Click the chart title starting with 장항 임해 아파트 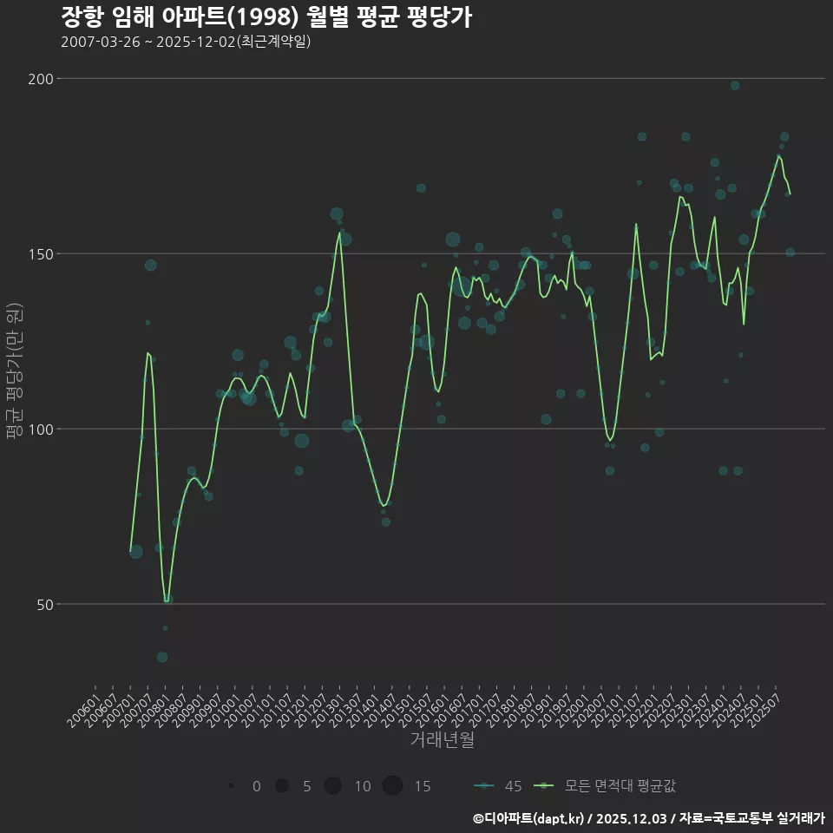(x=266, y=16)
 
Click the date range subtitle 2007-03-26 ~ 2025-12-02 (x=186, y=42)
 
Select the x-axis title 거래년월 (x=442, y=740)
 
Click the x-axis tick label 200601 (x=83, y=708)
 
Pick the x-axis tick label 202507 (x=765, y=708)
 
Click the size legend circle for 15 (x=392, y=786)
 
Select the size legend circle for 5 (x=281, y=786)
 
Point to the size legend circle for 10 (x=333, y=786)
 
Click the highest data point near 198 (x=735, y=85)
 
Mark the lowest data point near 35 (x=162, y=657)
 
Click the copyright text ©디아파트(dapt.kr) (x=528, y=817)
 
